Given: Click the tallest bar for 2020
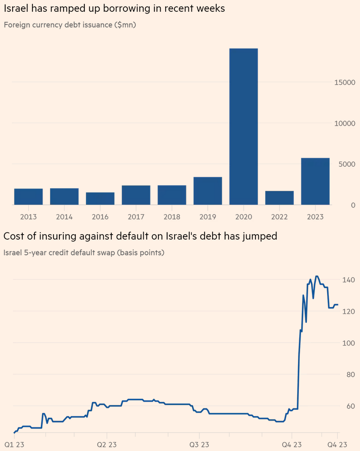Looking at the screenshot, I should (243, 127).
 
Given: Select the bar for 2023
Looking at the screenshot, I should (315, 181).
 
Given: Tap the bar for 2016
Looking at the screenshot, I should (100, 199).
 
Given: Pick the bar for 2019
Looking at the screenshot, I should (207, 191).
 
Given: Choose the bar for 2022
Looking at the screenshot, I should (279, 198).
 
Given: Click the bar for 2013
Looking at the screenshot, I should (28, 197).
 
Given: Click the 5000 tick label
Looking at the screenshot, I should (347, 164).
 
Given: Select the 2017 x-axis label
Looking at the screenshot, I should (136, 217).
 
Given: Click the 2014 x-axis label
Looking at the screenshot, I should (64, 217).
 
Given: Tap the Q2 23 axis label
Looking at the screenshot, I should (107, 445).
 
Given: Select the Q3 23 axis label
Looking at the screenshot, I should (199, 445).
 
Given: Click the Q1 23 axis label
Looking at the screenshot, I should (14, 445).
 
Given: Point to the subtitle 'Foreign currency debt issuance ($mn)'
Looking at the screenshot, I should (70, 24).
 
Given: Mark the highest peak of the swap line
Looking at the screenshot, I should (317, 276).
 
